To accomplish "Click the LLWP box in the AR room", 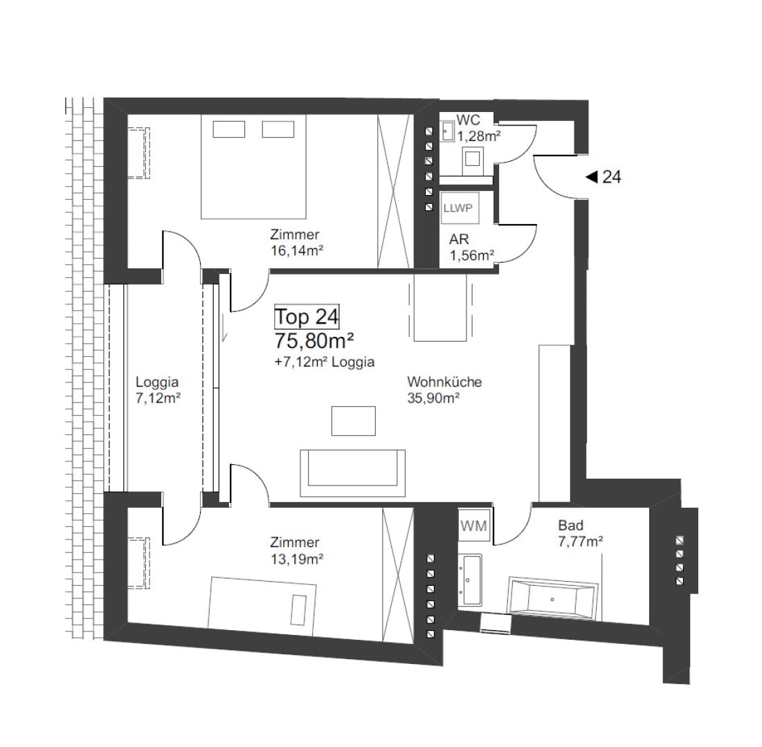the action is point(460,208).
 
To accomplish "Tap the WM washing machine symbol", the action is point(473,525).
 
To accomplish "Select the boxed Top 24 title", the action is point(307,317).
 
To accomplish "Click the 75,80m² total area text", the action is point(314,341).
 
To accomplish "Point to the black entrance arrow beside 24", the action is point(592,177).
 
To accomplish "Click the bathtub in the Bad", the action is point(552,598).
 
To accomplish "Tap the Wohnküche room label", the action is point(444,382).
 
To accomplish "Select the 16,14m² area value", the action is point(297,250).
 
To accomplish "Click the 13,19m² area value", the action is point(297,559).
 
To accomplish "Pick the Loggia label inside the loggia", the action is point(157,382).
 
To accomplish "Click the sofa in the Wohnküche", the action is point(352,473).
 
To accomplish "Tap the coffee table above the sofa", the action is point(353,421).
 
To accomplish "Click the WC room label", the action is point(468,120).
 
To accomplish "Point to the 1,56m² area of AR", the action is point(472,255).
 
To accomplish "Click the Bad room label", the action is point(570,525).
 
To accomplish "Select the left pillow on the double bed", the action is point(228,129).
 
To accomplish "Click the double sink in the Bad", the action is point(469,580).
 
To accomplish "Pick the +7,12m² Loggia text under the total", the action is point(324,362).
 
